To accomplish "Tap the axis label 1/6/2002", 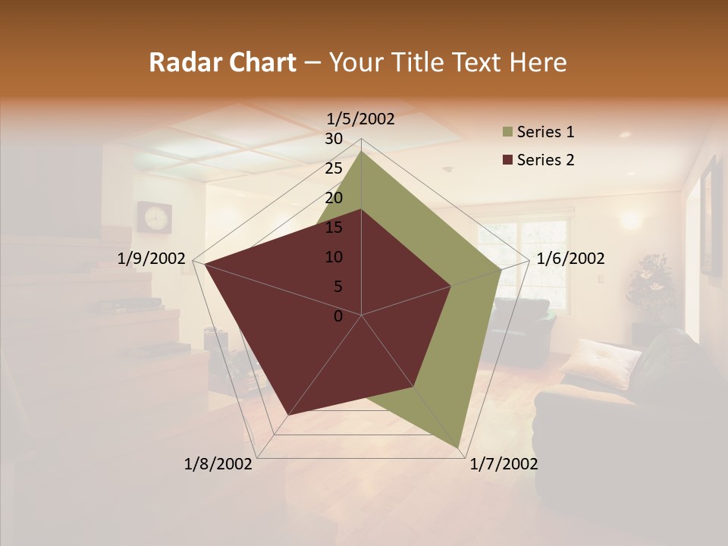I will tap(570, 259).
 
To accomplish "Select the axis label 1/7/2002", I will tap(504, 464).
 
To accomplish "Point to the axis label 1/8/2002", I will tap(218, 464).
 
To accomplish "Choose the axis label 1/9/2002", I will tap(152, 259).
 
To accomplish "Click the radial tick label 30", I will tap(334, 139).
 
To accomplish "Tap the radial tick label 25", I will tap(334, 168).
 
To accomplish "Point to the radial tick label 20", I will tap(334, 198).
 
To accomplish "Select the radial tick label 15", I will tap(334, 227).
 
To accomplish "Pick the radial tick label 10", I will tap(334, 257).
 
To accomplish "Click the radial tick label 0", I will tap(338, 316).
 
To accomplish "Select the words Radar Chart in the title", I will tap(222, 62).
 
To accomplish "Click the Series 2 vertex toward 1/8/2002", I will tap(288, 414).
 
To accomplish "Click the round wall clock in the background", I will tap(155, 217).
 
